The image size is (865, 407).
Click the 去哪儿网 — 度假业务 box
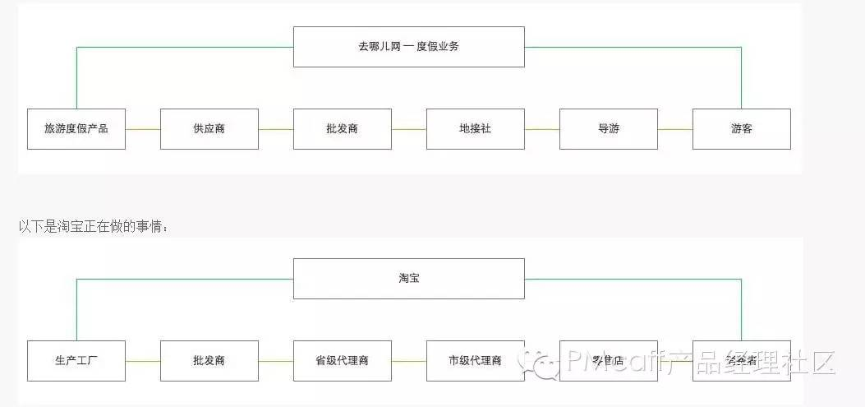[x=408, y=47]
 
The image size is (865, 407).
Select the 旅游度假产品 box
[x=76, y=129]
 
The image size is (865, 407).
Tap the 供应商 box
[x=209, y=129]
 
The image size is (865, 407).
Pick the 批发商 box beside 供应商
[x=343, y=129]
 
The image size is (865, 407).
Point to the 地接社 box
[x=476, y=129]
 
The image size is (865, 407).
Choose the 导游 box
[x=609, y=129]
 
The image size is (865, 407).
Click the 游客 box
[x=742, y=129]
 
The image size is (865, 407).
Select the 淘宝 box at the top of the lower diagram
[x=408, y=279]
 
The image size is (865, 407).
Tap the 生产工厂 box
[x=76, y=361]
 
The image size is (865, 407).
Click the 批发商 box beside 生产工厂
[x=209, y=361]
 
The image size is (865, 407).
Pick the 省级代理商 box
[x=343, y=361]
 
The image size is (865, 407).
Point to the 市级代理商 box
[x=476, y=361]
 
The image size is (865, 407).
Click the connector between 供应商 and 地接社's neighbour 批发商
[x=276, y=129]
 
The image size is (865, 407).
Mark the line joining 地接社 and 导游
[x=542, y=129]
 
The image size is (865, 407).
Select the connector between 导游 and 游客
[x=675, y=129]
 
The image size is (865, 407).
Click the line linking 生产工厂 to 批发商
[x=143, y=361]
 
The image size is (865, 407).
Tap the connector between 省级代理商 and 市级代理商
[x=409, y=361]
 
